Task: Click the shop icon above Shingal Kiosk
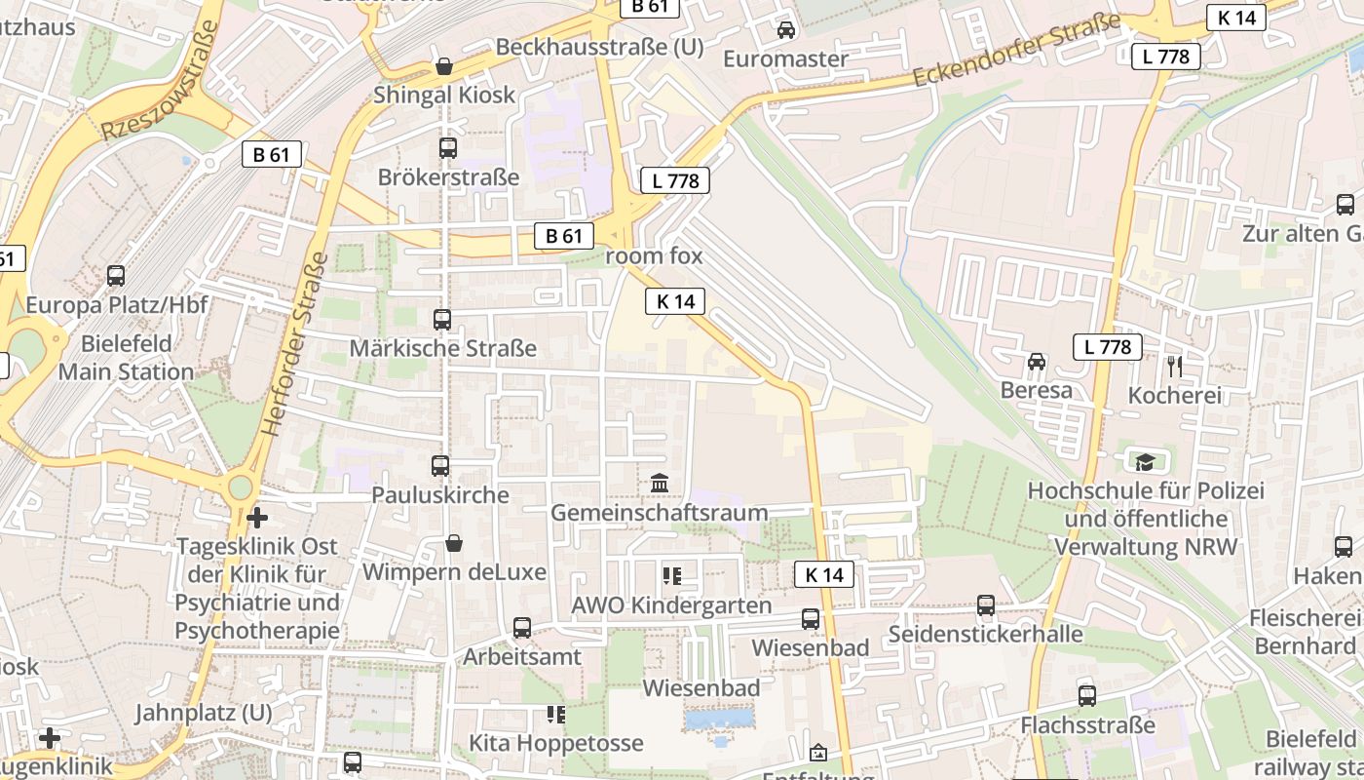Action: pyautogui.click(x=444, y=66)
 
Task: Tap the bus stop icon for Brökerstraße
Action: pyautogui.click(x=448, y=148)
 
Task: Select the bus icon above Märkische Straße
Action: pyautogui.click(x=442, y=319)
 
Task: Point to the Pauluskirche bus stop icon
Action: pyautogui.click(x=440, y=466)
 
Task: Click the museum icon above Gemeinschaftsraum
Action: pyautogui.click(x=660, y=484)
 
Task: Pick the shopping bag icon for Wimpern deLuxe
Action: pyautogui.click(x=453, y=543)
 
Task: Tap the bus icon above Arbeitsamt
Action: pyautogui.click(x=522, y=628)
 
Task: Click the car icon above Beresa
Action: pyautogui.click(x=1037, y=362)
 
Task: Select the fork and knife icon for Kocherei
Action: pyautogui.click(x=1174, y=367)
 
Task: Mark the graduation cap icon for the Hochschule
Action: pyautogui.click(x=1145, y=461)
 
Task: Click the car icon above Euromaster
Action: pyautogui.click(x=786, y=30)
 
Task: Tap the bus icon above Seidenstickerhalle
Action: pyautogui.click(x=986, y=605)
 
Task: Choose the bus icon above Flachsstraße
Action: pyautogui.click(x=1087, y=696)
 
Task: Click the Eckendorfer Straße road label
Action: pyautogui.click(x=1019, y=50)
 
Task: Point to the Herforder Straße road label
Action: pyautogui.click(x=293, y=343)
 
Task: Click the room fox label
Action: pyautogui.click(x=654, y=256)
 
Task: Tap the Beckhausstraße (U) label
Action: pyautogui.click(x=599, y=47)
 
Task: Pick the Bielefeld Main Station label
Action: pyautogui.click(x=126, y=358)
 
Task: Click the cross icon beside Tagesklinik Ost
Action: pyautogui.click(x=257, y=517)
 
